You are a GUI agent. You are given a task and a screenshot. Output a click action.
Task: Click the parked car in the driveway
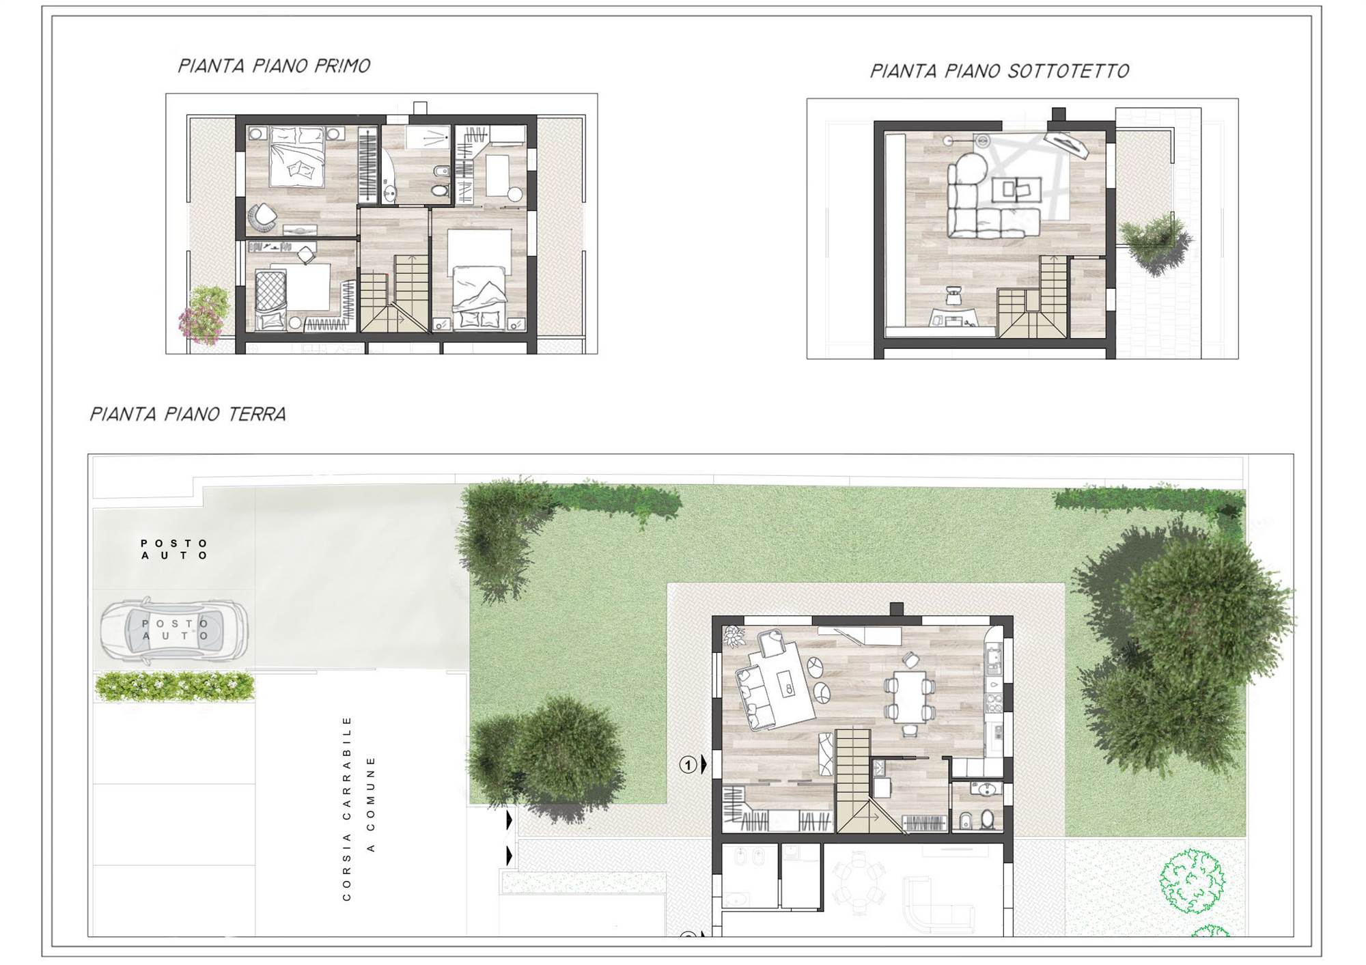[x=175, y=630]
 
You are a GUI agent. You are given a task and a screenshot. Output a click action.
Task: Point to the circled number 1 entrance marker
[x=688, y=765]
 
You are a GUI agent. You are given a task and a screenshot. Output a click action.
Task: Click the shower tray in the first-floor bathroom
[x=428, y=136]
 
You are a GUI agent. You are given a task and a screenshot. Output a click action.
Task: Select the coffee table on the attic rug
[x=1017, y=189]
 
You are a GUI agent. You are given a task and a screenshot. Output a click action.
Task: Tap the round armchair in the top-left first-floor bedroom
[x=262, y=218]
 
